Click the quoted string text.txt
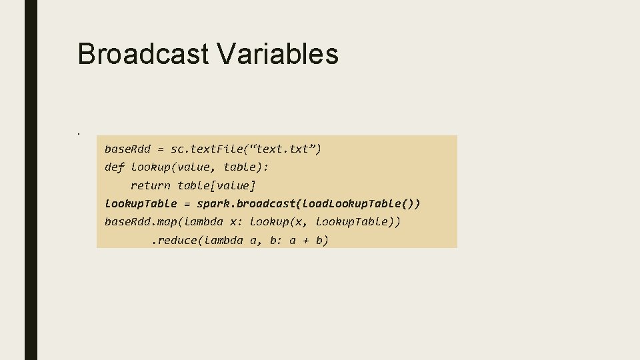coord(285,149)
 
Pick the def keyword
coord(115,167)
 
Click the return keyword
coord(151,185)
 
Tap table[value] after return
coord(217,185)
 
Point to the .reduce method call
coord(175,240)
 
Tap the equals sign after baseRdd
coord(161,149)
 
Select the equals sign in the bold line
coord(187,203)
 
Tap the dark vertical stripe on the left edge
coord(31,180)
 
